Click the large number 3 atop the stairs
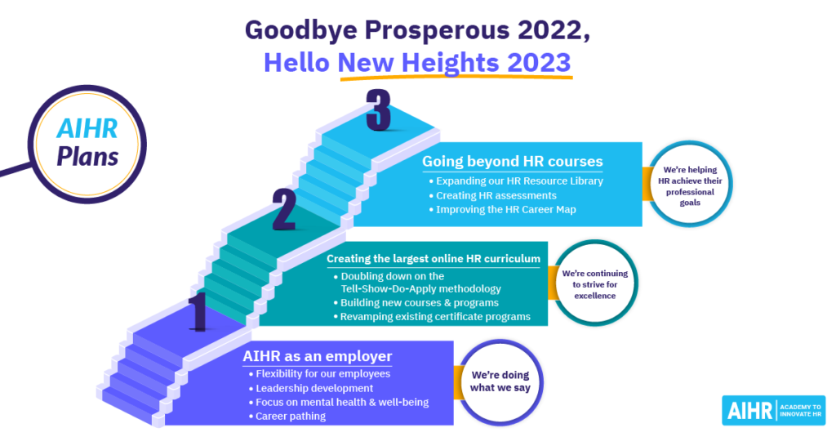[x=379, y=109]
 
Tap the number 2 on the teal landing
[x=284, y=210]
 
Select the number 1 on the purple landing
[x=198, y=312]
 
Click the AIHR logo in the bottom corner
[x=774, y=410]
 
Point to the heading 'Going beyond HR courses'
[x=513, y=161]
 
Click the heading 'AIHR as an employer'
[x=318, y=356]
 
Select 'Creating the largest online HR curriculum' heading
[x=433, y=259]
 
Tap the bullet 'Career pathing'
[x=287, y=417]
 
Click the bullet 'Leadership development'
[x=311, y=389]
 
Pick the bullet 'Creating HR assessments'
[x=492, y=196]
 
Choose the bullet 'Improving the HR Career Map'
[x=502, y=210]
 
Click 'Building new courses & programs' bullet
[x=416, y=302]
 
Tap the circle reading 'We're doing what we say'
[x=500, y=381]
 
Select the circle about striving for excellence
[x=595, y=283]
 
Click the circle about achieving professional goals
[x=690, y=185]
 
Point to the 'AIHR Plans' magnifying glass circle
[x=87, y=144]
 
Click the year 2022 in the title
[x=554, y=30]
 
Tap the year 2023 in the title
[x=539, y=62]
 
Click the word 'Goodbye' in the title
[x=301, y=31]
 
